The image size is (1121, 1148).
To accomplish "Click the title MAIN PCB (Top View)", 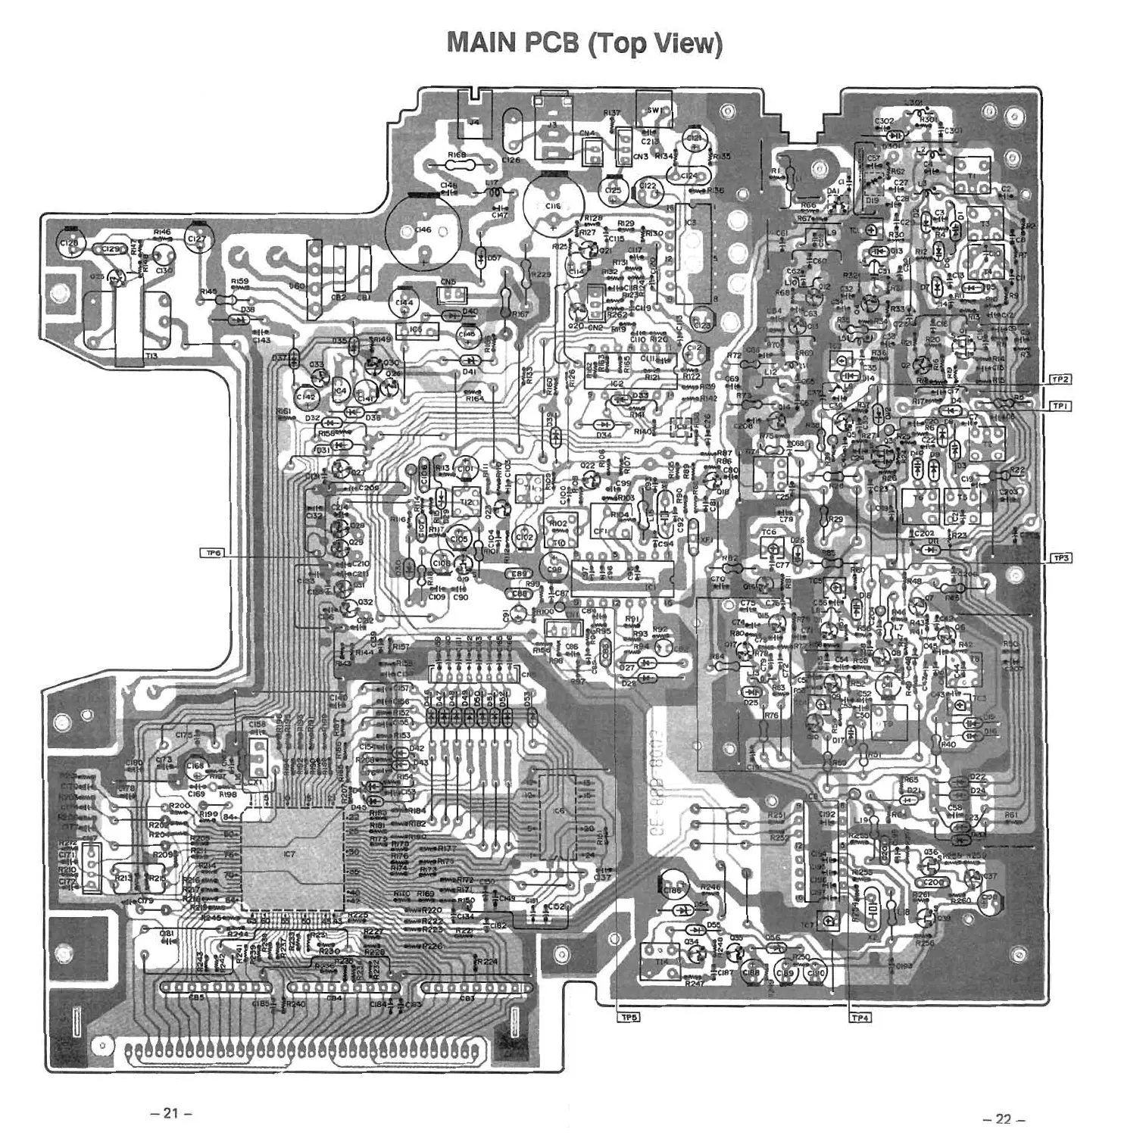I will click(584, 43).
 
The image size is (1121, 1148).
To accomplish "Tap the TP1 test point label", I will click(1060, 407).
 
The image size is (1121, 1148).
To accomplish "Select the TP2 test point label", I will click(1060, 379).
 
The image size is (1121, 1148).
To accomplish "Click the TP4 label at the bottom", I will click(860, 1018).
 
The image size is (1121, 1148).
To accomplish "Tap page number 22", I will click(1003, 1119).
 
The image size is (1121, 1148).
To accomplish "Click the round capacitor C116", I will click(553, 205).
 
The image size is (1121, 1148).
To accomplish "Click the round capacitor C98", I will click(554, 569).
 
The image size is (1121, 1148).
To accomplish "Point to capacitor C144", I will click(404, 304).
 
